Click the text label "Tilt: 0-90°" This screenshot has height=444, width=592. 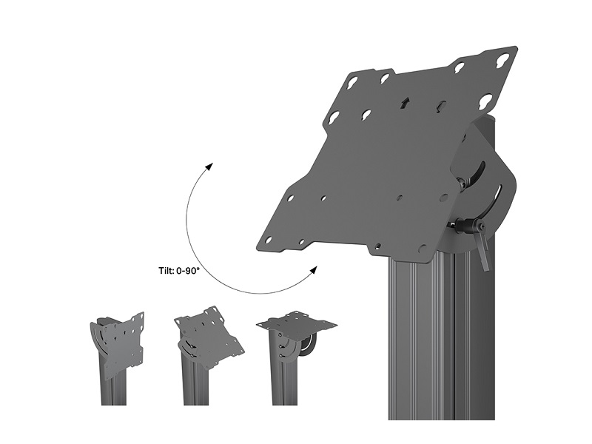click(x=178, y=271)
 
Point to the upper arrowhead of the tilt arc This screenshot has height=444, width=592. click(x=209, y=167)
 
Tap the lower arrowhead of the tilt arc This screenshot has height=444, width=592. click(x=313, y=270)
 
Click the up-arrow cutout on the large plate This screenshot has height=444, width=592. click(x=406, y=103)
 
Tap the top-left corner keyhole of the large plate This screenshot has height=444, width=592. click(x=352, y=81)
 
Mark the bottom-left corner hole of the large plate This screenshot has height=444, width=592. click(x=268, y=240)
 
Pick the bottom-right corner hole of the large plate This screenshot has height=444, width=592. click(x=422, y=249)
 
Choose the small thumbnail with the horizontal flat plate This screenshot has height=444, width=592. click(x=297, y=357)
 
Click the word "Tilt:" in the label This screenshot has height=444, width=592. click(x=166, y=271)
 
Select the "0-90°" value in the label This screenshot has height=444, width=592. click(x=188, y=271)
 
